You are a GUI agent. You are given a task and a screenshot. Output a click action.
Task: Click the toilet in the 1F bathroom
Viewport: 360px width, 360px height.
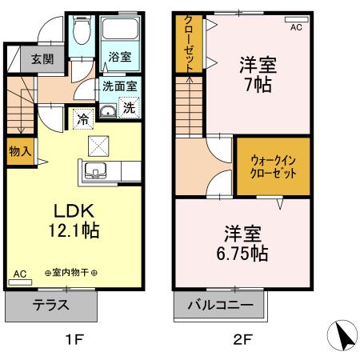coord(82,30)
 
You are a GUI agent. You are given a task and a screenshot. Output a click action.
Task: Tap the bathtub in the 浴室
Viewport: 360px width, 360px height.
coord(120,29)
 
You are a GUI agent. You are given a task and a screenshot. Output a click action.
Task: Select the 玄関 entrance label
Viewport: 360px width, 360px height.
coord(42,59)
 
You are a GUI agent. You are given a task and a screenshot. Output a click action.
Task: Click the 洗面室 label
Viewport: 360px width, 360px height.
coord(120,86)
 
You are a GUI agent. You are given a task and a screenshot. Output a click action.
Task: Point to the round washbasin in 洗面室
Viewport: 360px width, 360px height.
coord(108,111)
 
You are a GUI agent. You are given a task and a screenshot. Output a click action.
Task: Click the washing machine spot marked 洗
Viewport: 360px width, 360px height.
coord(129,107)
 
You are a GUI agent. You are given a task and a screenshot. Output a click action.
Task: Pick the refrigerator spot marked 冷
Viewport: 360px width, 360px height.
coord(83,119)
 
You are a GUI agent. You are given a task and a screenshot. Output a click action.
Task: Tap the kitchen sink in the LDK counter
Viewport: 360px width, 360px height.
coord(95,170)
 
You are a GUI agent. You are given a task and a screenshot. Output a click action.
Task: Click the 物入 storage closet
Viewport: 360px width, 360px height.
coord(20,151)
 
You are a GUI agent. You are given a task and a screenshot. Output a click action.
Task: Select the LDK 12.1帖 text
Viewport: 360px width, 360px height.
coord(74,221)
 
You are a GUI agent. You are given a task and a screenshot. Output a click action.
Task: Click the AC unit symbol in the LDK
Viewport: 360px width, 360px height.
coord(20,282)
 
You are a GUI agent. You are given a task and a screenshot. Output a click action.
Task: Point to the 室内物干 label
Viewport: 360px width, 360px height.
coord(70,273)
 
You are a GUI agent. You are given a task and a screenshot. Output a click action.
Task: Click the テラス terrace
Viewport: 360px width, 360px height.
coord(51,306)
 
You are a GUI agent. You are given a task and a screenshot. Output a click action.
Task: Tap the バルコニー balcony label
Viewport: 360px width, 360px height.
coord(220,305)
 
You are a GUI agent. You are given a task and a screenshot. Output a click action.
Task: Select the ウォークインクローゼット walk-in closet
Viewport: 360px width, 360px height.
coord(274,166)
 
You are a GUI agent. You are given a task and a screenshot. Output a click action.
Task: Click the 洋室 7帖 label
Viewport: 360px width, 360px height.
coord(258,74)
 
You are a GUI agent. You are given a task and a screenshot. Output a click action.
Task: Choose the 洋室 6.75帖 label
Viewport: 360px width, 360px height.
coord(242,243)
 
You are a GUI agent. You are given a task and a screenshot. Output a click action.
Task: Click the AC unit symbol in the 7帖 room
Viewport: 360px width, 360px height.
coord(297,19)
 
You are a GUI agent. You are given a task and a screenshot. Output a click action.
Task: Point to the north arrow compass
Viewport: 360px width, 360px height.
coord(342,335)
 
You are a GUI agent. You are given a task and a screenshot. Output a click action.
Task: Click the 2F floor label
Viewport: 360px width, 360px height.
coord(242,340)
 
